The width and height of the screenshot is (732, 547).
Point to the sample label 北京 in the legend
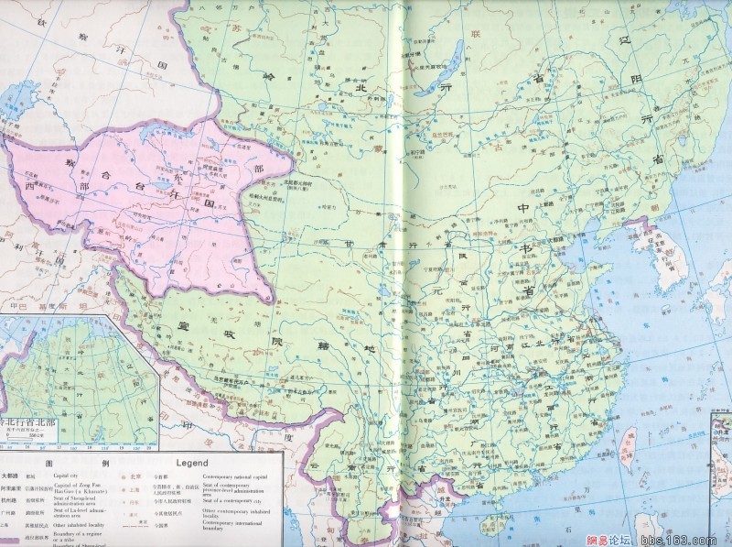135,476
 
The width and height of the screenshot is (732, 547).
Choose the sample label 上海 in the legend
135,491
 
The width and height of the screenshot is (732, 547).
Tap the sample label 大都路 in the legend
10,476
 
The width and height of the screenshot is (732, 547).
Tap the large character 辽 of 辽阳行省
605,43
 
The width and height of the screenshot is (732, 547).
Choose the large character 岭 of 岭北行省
268,79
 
